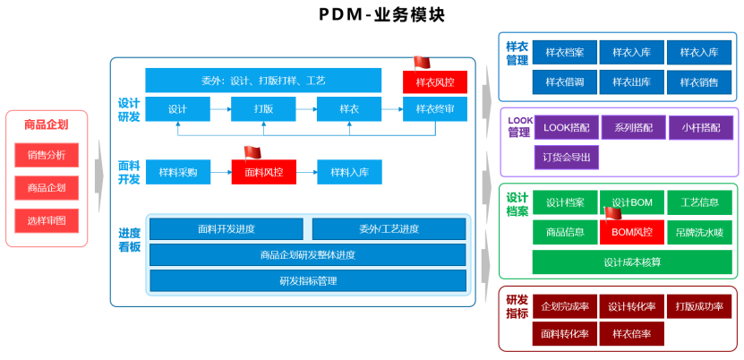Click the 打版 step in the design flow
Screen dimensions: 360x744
coord(263,109)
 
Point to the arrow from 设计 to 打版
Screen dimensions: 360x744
coord(221,109)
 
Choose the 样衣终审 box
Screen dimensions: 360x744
coord(434,109)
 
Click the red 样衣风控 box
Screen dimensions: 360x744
coord(434,81)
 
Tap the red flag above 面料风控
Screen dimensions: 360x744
coord(252,152)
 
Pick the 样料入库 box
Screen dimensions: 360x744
coord(349,171)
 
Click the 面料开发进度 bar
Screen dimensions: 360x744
coord(226,229)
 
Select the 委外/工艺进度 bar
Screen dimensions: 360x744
coord(389,229)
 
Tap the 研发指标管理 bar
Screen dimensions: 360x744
coord(307,281)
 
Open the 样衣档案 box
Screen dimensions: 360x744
coord(564,53)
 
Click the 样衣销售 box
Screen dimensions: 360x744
coord(698,82)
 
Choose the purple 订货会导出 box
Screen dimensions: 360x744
coord(566,158)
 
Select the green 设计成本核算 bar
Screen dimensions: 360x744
coord(631,262)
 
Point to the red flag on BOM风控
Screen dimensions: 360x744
coord(613,213)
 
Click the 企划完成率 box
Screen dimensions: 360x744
coord(564,307)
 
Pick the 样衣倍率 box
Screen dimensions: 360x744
coord(631,334)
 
